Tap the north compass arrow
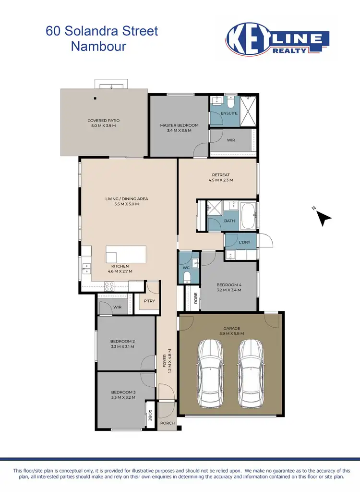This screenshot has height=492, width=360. point(324,219)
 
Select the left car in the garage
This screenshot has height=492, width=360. point(209,372)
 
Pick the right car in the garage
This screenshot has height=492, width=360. point(251,372)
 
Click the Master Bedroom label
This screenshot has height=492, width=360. point(179,125)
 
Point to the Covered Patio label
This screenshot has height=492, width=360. point(103,121)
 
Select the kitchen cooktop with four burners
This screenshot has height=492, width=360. point(109,286)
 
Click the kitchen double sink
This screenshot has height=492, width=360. point(87,268)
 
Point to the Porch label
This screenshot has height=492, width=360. point(168,423)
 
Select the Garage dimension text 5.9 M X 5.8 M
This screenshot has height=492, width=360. point(231,333)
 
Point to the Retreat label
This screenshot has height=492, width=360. point(221,175)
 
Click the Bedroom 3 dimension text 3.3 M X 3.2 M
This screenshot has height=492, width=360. point(123,397)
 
